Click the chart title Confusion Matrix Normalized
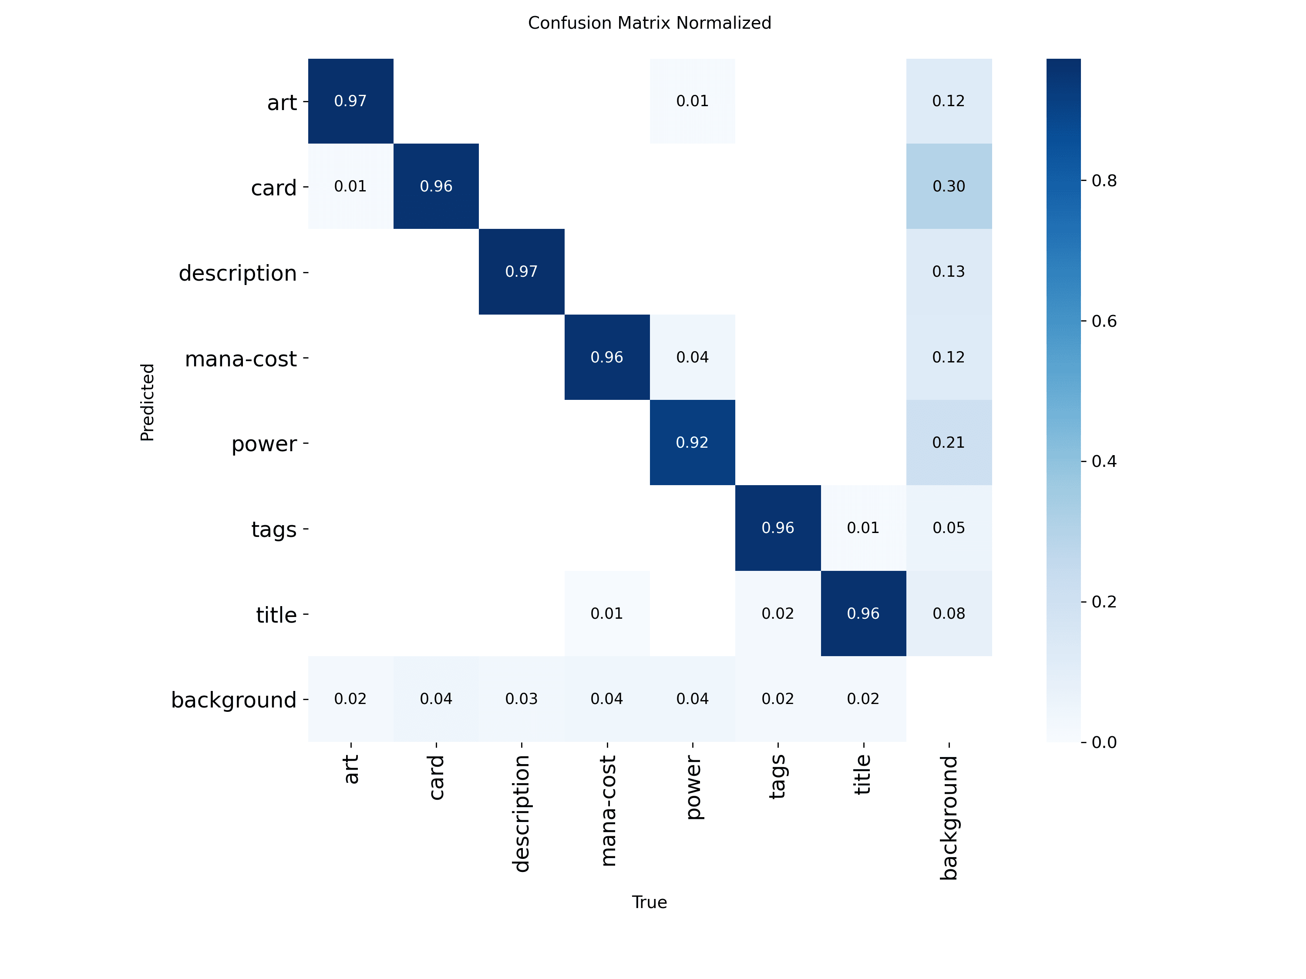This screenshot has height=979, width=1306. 649,23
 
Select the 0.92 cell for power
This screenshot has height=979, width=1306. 692,443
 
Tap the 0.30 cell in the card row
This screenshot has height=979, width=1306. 948,187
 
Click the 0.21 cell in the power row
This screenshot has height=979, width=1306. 948,443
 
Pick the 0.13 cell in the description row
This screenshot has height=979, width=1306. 948,272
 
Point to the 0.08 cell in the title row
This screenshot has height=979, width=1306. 948,614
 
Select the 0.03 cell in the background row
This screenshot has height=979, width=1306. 522,699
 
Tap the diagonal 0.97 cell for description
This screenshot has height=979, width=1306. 522,272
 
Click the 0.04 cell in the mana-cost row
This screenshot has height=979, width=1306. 692,357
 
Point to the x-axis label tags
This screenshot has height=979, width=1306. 777,777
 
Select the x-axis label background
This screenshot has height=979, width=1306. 948,817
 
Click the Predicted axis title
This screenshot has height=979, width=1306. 147,402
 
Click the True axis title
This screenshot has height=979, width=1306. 649,902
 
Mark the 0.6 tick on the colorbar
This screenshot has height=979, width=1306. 1103,321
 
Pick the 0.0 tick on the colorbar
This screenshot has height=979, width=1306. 1103,742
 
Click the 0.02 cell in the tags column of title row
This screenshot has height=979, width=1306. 777,614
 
